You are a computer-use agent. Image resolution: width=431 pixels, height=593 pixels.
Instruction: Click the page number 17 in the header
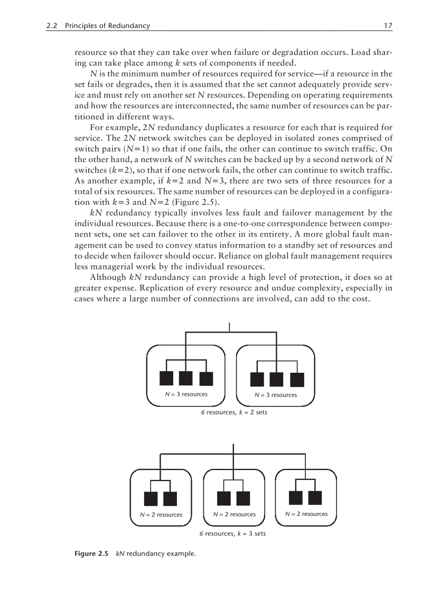pos(388,25)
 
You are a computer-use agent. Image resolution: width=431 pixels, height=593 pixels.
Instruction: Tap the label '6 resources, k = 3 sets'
pos(232,533)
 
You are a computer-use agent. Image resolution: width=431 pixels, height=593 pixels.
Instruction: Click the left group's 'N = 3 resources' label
pos(183,394)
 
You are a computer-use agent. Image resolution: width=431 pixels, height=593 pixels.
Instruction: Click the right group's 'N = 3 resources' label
pos(276,394)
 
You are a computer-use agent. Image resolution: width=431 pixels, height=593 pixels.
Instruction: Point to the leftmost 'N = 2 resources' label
pos(161,514)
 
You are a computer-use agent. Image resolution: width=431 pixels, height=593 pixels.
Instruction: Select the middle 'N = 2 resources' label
pos(234,514)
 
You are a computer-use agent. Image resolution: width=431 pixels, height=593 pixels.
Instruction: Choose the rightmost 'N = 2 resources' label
pos(306,513)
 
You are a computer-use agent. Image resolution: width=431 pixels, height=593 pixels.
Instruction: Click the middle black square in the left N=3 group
pos(185,379)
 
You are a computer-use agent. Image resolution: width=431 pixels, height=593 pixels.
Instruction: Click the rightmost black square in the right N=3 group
pos(297,379)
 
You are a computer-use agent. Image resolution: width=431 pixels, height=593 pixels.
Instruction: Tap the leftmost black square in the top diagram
pos(166,379)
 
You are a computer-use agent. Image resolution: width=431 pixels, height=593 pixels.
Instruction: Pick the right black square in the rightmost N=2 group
pos(315,497)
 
